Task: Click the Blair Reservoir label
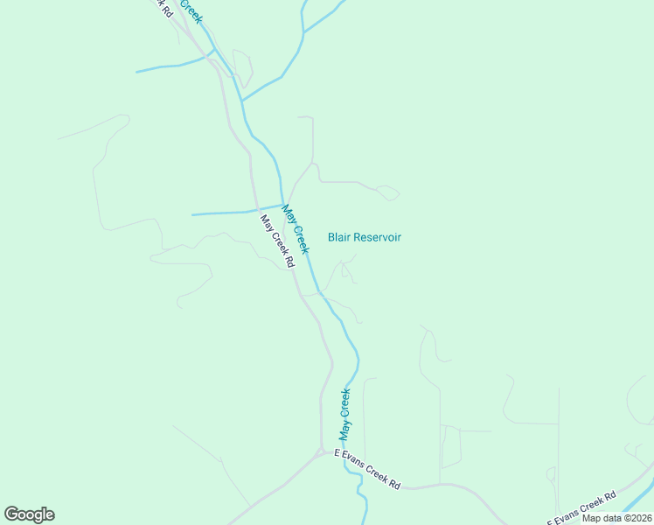point(364,237)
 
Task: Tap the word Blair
point(340,237)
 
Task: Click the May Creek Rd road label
point(276,241)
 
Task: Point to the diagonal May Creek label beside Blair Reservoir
point(296,229)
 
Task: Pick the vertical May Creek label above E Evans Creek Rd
point(345,414)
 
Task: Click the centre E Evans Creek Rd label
point(368,468)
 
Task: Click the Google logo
point(29,514)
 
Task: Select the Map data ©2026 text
point(616,518)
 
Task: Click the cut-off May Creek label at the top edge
point(191,10)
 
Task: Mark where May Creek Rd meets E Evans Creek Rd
point(321,452)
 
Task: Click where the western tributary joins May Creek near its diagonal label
point(282,206)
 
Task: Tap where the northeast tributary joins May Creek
point(242,100)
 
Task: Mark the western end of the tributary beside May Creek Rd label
point(192,213)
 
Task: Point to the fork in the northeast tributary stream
point(303,33)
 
